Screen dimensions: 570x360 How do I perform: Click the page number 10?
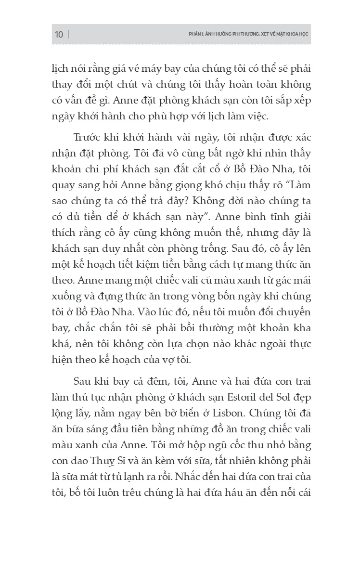(x=59, y=35)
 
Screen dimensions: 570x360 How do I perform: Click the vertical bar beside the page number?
(x=68, y=35)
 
